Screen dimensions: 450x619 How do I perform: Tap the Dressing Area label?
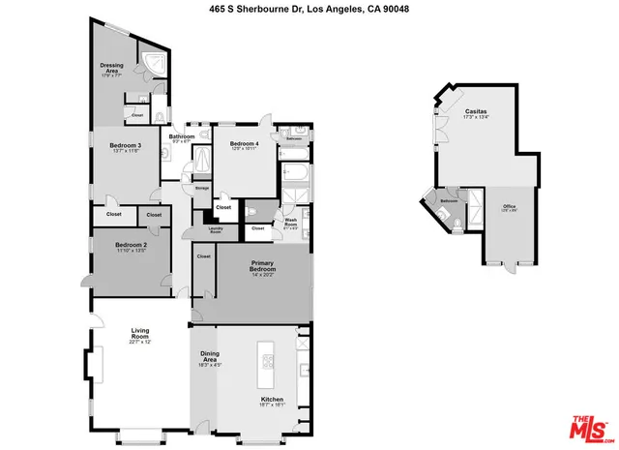point(110,68)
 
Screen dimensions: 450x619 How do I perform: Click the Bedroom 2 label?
point(130,246)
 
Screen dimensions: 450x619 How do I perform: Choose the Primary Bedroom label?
point(264,266)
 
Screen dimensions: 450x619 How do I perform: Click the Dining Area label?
point(210,356)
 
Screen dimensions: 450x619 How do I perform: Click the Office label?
point(510,207)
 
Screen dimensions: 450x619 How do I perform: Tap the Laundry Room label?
point(216,229)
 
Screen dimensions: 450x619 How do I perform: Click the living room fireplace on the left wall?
point(93,367)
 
